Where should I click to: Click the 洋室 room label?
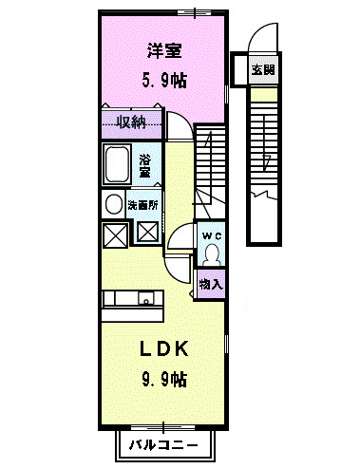coord(164,49)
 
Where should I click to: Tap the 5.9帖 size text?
coord(164,79)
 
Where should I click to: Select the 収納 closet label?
coord(131,122)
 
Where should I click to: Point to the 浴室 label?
coord(145,167)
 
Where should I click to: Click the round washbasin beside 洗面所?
coord(112,204)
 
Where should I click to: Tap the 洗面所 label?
coord(145,202)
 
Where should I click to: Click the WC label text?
coord(211,234)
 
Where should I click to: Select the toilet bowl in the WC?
coord(211,253)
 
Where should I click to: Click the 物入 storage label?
coord(211,283)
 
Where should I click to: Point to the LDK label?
coord(164,349)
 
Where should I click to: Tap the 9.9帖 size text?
coord(164,380)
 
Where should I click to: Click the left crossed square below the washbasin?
coord(114,233)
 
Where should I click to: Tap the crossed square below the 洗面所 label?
coord(147,231)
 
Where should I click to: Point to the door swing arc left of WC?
coord(180,242)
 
